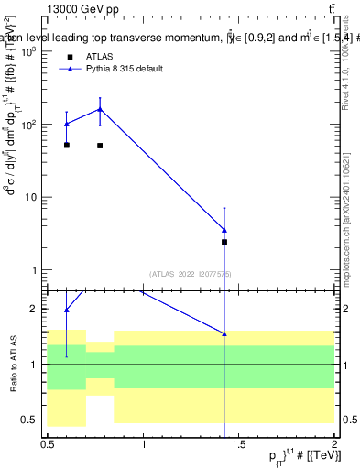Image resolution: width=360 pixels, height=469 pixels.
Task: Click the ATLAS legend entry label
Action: point(99,57)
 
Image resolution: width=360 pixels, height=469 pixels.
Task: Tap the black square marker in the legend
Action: point(69,57)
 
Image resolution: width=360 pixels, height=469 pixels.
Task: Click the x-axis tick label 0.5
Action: point(48,443)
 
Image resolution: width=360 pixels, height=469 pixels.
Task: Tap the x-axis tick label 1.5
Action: point(239,443)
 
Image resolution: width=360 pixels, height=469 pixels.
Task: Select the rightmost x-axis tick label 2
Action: point(334,443)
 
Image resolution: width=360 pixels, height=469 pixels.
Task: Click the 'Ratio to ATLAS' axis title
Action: point(14,364)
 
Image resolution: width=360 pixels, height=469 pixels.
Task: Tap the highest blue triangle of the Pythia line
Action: point(100,109)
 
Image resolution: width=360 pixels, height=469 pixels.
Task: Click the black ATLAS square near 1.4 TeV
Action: point(224,242)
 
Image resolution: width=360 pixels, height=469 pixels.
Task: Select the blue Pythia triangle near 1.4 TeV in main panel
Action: point(224,230)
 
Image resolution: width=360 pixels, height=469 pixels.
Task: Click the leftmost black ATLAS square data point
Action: point(67,145)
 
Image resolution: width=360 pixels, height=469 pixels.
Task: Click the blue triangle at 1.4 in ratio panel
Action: point(224,334)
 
